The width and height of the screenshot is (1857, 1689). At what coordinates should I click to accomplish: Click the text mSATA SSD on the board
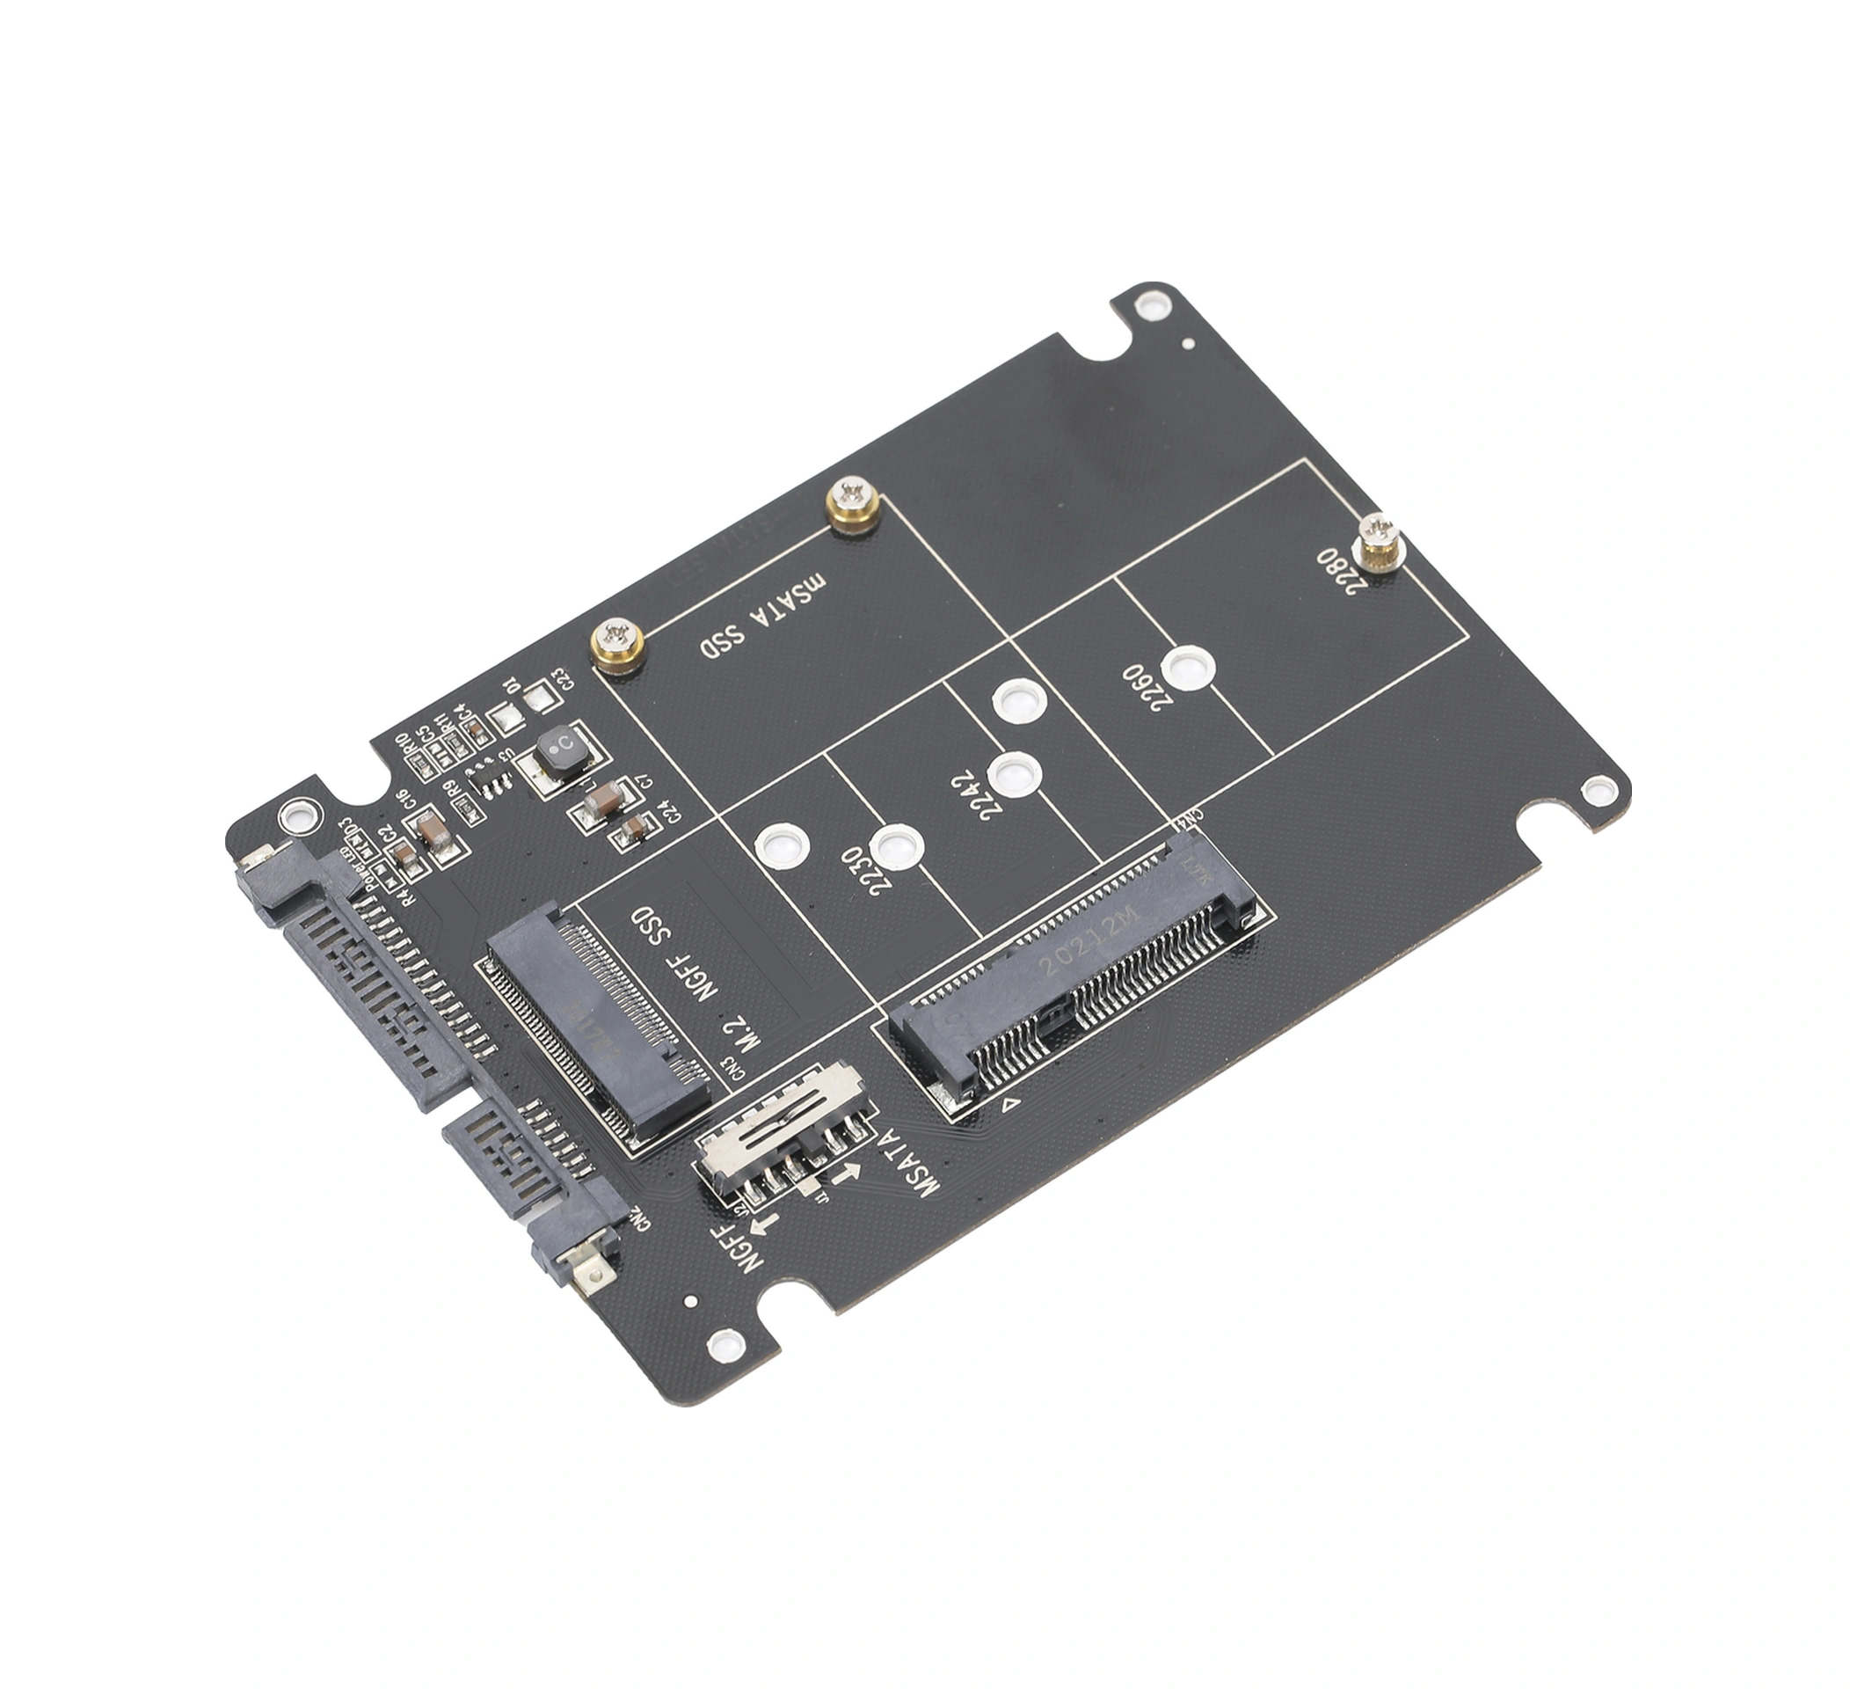pyautogui.click(x=762, y=617)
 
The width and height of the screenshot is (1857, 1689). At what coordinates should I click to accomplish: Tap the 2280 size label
pyautogui.click(x=1336, y=570)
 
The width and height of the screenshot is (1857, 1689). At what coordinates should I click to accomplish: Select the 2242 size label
pyautogui.click(x=974, y=796)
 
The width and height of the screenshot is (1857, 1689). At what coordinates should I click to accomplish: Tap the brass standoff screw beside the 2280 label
pyautogui.click(x=1379, y=542)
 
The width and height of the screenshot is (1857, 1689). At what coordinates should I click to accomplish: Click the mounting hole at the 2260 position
pyautogui.click(x=1187, y=667)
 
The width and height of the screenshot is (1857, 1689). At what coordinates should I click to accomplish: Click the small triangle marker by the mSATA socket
pyautogui.click(x=1010, y=1100)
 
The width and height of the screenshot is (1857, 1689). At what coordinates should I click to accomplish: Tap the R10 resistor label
pyautogui.click(x=402, y=743)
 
